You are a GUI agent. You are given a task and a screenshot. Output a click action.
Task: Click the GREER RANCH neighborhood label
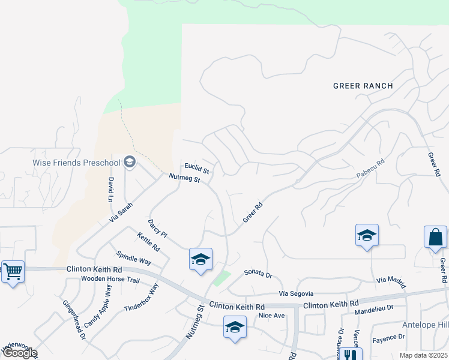pyautogui.click(x=363, y=86)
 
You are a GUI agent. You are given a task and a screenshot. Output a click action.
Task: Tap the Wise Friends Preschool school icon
pyautogui.click(x=129, y=161)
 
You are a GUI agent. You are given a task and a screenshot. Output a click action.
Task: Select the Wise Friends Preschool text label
pyautogui.click(x=76, y=162)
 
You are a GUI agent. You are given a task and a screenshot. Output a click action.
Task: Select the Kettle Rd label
pyautogui.click(x=148, y=241)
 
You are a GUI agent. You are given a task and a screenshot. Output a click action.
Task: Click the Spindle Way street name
pyautogui.click(x=133, y=257)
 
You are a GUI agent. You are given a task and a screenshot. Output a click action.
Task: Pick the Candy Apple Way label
pyautogui.click(x=97, y=306)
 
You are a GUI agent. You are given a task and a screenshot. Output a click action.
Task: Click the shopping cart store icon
pyautogui.click(x=13, y=272)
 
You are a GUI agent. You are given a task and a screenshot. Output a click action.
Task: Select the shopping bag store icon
pyautogui.click(x=435, y=238)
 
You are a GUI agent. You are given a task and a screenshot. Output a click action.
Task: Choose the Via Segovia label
pyautogui.click(x=296, y=293)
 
